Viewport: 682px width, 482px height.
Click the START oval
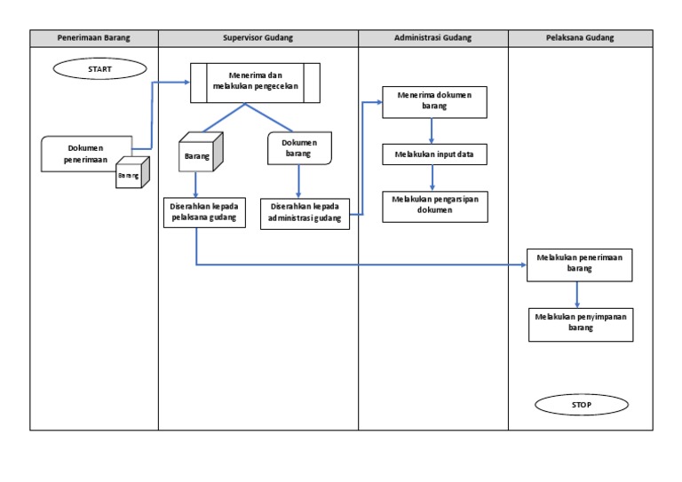100,68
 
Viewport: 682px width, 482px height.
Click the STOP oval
582,405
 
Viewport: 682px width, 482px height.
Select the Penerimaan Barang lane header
94,38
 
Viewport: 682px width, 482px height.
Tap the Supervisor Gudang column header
258,38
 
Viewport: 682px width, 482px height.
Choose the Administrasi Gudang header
432,38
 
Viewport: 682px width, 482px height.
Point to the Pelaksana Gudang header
580,38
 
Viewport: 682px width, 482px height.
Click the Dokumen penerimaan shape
85,154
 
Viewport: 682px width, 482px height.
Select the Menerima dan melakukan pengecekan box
255,82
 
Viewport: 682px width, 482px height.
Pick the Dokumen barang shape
299,147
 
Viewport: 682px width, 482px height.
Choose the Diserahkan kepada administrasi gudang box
305,213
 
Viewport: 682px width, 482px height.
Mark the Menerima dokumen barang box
434,101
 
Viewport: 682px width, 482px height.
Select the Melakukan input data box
434,154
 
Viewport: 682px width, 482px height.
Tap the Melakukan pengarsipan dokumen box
434,205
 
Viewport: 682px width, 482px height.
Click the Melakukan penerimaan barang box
580,264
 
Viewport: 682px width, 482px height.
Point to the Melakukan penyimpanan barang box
580,323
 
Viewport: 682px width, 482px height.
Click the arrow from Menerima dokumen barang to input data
432,130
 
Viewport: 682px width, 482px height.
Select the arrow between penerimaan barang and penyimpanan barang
578,294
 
